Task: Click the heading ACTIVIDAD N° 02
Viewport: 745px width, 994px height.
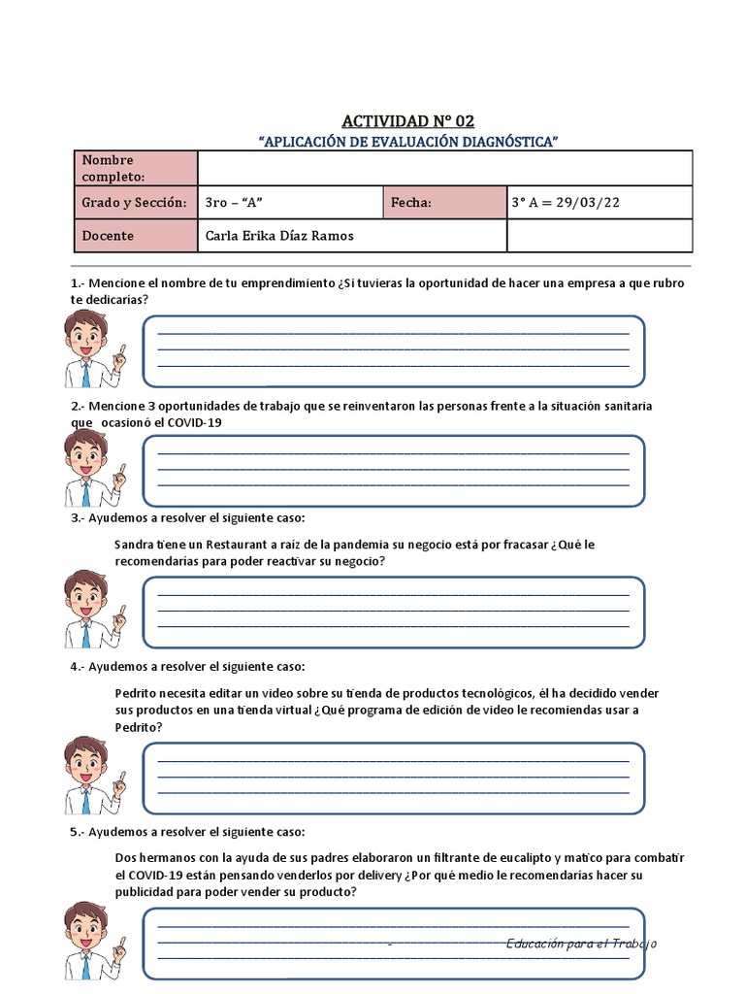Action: (x=407, y=121)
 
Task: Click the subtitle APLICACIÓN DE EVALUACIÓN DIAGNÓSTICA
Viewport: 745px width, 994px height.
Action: (x=408, y=142)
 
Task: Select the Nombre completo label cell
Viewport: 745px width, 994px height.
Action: (x=136, y=168)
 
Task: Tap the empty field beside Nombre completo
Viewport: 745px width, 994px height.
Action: (x=444, y=168)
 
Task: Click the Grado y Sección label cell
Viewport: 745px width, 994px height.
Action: (x=136, y=203)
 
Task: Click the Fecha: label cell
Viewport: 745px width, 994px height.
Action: (x=444, y=203)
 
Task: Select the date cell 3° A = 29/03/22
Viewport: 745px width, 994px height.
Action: (x=599, y=203)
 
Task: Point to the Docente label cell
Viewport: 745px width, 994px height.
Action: (x=136, y=236)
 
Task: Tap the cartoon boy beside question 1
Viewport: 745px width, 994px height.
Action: (x=91, y=348)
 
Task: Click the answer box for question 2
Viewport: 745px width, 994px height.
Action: (x=393, y=471)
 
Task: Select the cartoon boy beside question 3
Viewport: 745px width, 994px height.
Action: (x=91, y=609)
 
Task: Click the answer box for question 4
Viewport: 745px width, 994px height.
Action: (x=393, y=778)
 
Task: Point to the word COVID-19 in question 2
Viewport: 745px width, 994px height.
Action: (x=202, y=423)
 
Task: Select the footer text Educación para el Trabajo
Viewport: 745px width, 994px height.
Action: (x=582, y=944)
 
